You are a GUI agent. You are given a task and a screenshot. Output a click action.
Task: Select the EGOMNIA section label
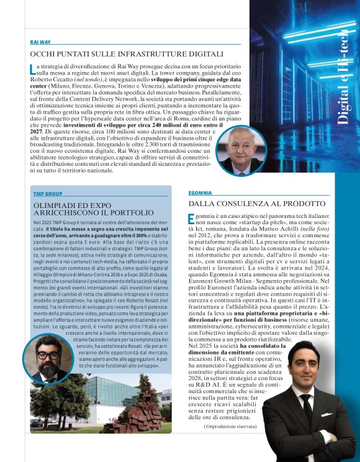(x=200, y=193)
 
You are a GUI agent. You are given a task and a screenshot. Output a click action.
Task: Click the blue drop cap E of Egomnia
(x=191, y=219)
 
